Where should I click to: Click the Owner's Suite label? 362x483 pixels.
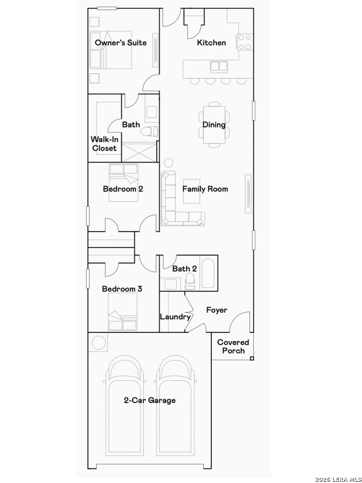point(120,42)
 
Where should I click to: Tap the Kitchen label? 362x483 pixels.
point(211,42)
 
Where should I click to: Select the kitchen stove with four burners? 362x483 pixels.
point(245,42)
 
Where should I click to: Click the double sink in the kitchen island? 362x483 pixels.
point(219,67)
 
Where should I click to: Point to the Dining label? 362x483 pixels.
point(214,125)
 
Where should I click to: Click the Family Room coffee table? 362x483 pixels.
point(191,191)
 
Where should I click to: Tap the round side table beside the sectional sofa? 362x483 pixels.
point(168,163)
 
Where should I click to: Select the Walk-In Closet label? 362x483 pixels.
point(105,144)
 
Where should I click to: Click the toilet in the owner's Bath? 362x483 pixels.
point(149,131)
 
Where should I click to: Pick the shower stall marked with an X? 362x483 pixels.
point(139,152)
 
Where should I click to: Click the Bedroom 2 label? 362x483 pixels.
point(123,189)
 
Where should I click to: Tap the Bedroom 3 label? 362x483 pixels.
point(122,289)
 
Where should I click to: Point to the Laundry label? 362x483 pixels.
point(175,317)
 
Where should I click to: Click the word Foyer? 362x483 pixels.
point(217,310)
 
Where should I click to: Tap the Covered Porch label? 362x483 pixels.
point(233,347)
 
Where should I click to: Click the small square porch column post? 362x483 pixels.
point(252,358)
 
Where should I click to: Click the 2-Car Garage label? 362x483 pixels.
point(150,400)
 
